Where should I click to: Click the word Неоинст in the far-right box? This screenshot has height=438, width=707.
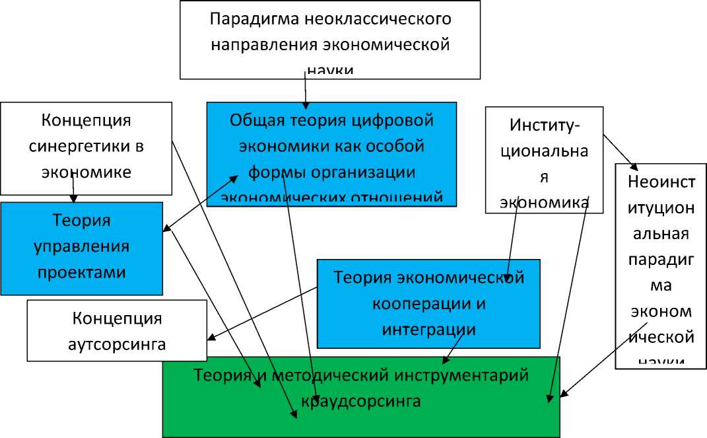pyautogui.click(x=661, y=182)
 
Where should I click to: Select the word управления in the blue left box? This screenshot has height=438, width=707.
pyautogui.click(x=82, y=246)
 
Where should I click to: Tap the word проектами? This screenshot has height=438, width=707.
pyautogui.click(x=82, y=272)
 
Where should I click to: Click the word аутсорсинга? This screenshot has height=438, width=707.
pyautogui.click(x=117, y=344)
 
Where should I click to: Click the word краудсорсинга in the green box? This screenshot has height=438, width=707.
pyautogui.click(x=360, y=400)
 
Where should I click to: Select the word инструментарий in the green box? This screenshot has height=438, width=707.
pyautogui.click(x=453, y=375)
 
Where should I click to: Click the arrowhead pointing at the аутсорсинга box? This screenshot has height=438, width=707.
pyautogui.click(x=211, y=338)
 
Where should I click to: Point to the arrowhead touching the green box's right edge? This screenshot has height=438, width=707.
pyautogui.click(x=563, y=394)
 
